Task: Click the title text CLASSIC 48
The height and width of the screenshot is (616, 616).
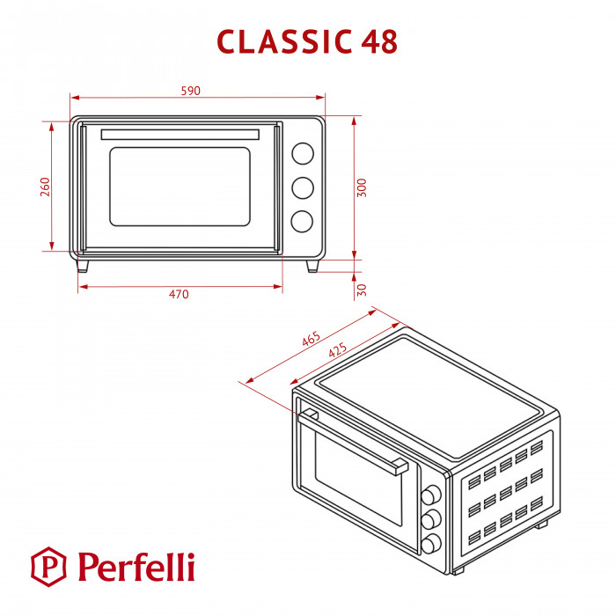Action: (307, 41)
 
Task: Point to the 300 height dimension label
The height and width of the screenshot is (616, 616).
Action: (362, 187)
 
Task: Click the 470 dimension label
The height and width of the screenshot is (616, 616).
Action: (179, 295)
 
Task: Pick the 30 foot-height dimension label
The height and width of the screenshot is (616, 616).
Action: (362, 289)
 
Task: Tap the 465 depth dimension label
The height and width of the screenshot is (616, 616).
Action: (311, 338)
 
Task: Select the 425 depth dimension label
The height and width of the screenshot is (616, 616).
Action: (338, 350)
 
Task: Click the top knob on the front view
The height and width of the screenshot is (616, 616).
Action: (302, 154)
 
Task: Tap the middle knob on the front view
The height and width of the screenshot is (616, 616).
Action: (302, 187)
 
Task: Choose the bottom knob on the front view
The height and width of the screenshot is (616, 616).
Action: (302, 222)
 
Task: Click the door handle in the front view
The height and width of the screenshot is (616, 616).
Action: (180, 135)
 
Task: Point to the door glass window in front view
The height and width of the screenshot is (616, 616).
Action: (180, 186)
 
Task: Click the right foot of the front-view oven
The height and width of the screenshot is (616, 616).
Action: (312, 266)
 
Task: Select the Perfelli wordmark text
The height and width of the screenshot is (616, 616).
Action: (135, 566)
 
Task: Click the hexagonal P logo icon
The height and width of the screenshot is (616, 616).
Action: (49, 566)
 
